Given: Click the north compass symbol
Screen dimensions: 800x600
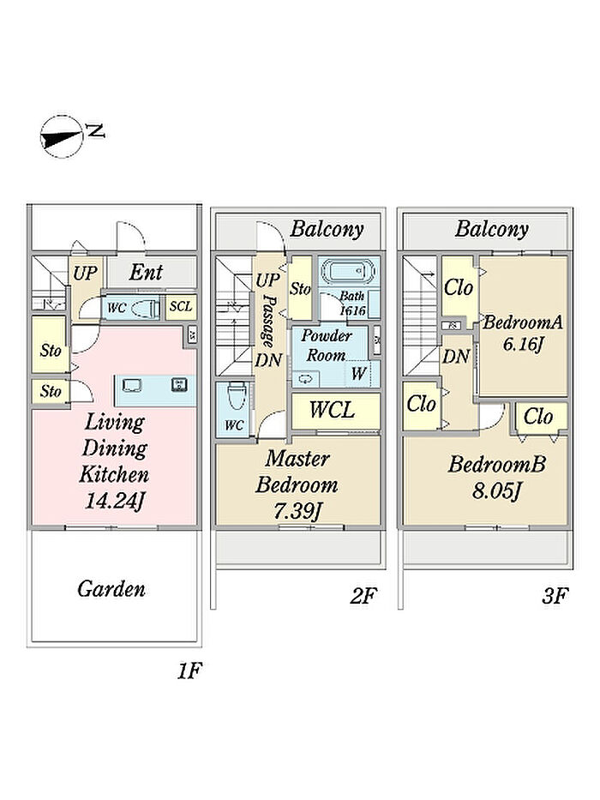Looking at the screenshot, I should [63, 135].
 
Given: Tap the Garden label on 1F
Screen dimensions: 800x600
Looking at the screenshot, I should [111, 589].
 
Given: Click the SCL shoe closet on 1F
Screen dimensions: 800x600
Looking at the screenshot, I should [180, 307].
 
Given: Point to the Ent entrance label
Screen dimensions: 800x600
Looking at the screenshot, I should [147, 274].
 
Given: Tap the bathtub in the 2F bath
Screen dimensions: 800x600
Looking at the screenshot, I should [347, 272].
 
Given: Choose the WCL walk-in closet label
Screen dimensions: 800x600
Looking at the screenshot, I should [333, 410].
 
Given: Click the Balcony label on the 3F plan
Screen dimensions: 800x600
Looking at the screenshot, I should [491, 229].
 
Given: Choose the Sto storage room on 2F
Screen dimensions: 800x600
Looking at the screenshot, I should [300, 289].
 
